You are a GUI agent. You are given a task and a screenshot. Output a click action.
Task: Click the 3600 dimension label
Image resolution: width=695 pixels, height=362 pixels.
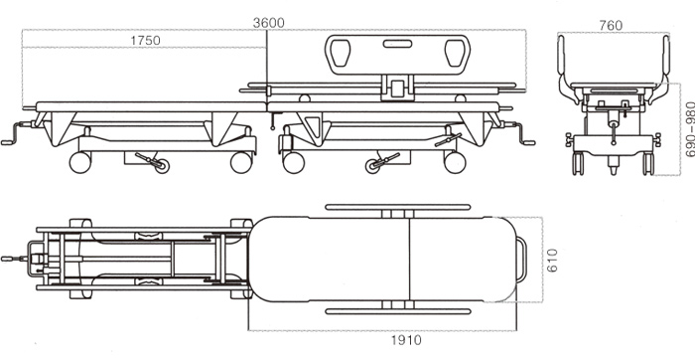pyautogui.click(x=269, y=23)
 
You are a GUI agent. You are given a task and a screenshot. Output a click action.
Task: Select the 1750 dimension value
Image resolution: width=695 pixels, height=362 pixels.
pyautogui.click(x=145, y=41)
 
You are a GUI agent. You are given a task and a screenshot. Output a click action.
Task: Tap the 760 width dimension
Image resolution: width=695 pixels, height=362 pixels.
pyautogui.click(x=611, y=25)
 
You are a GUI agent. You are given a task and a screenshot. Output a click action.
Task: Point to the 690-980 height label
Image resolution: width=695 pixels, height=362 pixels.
pyautogui.click(x=690, y=129)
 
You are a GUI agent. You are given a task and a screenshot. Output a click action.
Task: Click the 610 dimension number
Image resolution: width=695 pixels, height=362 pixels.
pyautogui.click(x=552, y=260)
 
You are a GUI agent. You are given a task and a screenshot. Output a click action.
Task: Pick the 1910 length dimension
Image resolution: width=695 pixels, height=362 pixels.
pyautogui.click(x=406, y=340)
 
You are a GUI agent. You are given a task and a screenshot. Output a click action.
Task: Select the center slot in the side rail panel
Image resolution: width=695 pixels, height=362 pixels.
pyautogui.click(x=397, y=44)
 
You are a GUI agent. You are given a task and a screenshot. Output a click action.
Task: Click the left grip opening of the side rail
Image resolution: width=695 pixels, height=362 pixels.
pyautogui.click(x=340, y=52)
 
